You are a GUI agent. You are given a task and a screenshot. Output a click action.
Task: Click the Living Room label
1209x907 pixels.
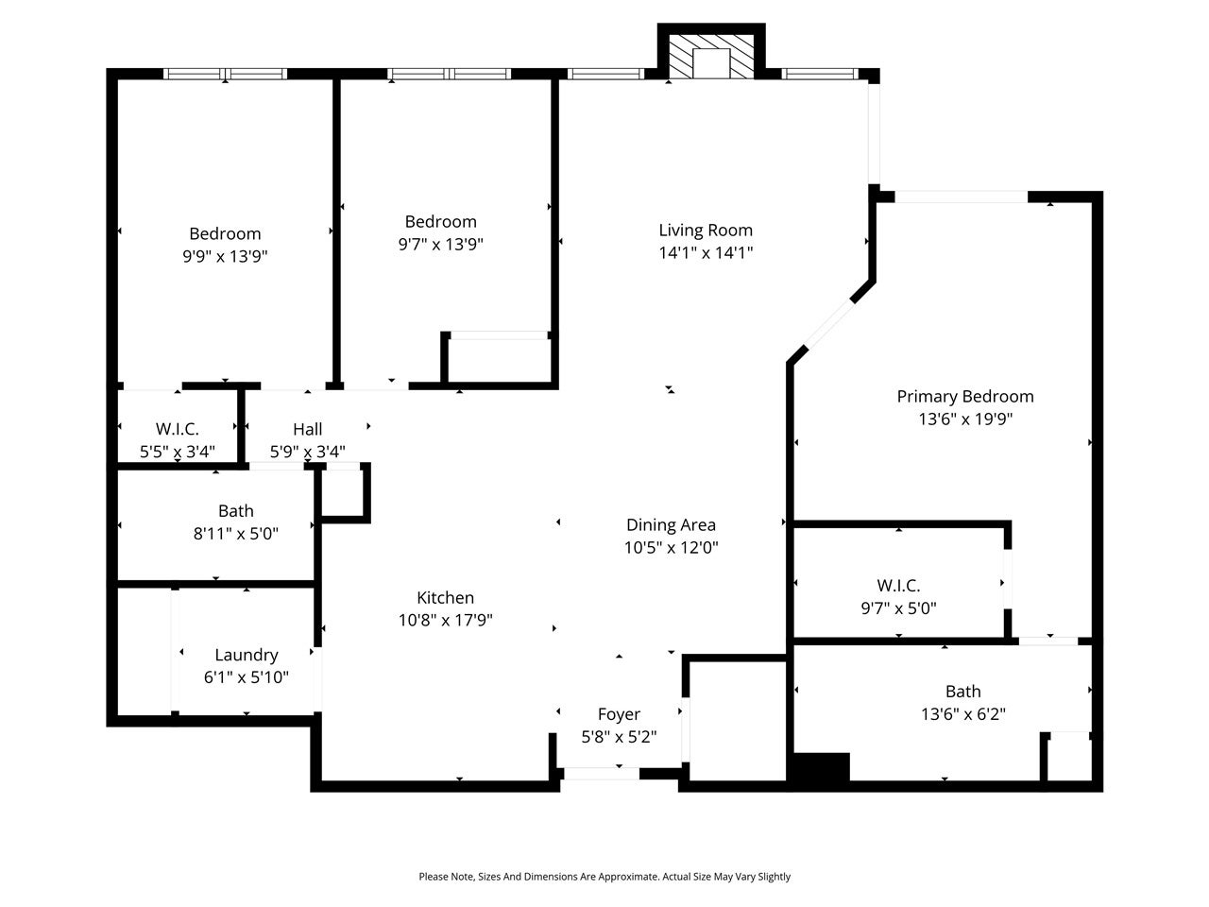705,231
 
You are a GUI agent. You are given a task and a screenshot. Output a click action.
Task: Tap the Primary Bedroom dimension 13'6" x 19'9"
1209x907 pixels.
965,419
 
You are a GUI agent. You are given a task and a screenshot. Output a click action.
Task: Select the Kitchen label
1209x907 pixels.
445,597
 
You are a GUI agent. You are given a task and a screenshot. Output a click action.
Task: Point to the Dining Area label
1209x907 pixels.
671,525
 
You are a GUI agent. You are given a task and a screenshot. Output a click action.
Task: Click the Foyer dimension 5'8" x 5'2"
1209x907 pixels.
619,737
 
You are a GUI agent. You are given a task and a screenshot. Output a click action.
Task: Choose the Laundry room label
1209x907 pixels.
247,656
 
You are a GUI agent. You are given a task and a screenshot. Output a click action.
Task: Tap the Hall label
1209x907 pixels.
307,429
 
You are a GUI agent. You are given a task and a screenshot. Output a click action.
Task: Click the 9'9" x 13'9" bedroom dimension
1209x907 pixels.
225,256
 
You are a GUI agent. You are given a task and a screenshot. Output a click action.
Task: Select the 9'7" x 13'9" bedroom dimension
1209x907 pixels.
441,244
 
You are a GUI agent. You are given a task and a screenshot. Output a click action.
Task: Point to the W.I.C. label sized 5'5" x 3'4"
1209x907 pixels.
177,428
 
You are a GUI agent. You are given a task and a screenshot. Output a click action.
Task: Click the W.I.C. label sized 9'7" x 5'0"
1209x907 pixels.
898,586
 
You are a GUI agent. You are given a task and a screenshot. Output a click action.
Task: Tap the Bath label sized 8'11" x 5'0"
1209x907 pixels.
236,511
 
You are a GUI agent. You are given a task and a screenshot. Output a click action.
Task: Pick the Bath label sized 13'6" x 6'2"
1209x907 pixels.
962,692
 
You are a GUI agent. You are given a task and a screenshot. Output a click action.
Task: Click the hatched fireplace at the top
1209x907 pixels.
710,56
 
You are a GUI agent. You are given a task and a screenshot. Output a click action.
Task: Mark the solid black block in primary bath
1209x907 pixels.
820,766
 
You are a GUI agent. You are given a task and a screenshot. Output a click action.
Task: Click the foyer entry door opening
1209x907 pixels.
601,774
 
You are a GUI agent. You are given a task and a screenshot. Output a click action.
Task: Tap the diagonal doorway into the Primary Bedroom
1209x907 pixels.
829,325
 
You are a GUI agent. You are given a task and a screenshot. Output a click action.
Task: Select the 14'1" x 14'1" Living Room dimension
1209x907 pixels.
705,253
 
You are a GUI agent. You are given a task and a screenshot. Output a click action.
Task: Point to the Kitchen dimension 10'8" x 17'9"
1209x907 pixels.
445,621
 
